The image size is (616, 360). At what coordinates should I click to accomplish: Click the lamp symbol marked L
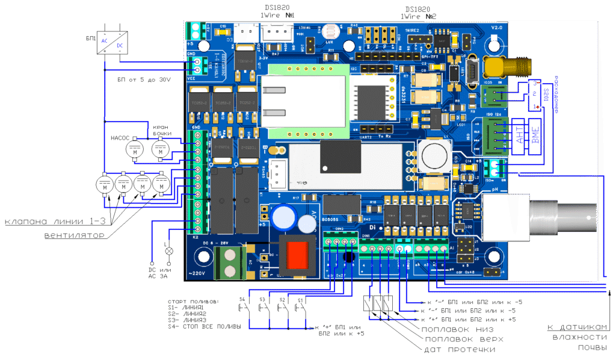click(169, 249)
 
